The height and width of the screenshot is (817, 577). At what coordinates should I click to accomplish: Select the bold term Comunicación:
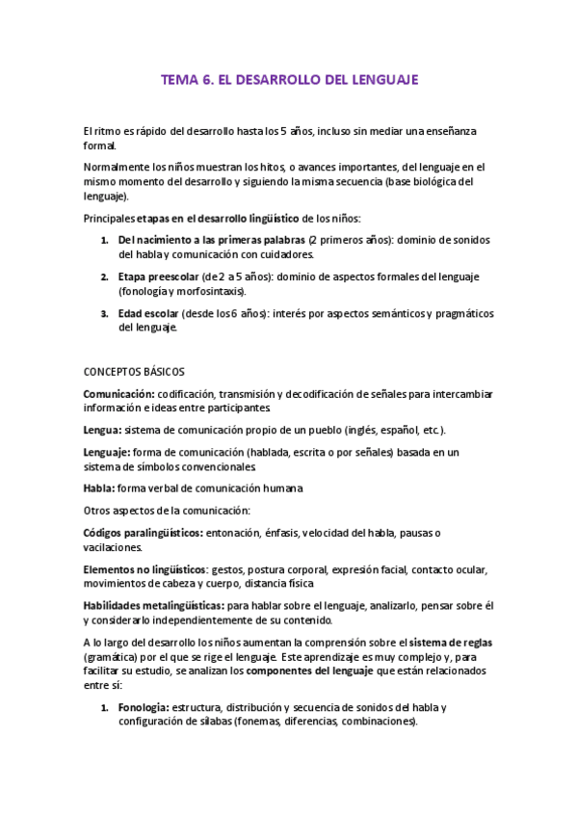(119, 393)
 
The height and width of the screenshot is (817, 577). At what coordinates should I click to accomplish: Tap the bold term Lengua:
(104, 430)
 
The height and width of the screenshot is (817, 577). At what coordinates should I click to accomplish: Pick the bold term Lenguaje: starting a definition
(108, 452)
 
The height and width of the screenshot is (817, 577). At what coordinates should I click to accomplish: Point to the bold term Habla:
(100, 488)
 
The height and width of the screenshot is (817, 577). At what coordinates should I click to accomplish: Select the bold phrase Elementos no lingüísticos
(144, 569)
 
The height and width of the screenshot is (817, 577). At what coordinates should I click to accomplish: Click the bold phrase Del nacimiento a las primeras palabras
(213, 239)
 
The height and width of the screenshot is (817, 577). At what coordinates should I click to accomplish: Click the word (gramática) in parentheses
(115, 656)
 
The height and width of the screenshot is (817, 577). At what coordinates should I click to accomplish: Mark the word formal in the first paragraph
(99, 145)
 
